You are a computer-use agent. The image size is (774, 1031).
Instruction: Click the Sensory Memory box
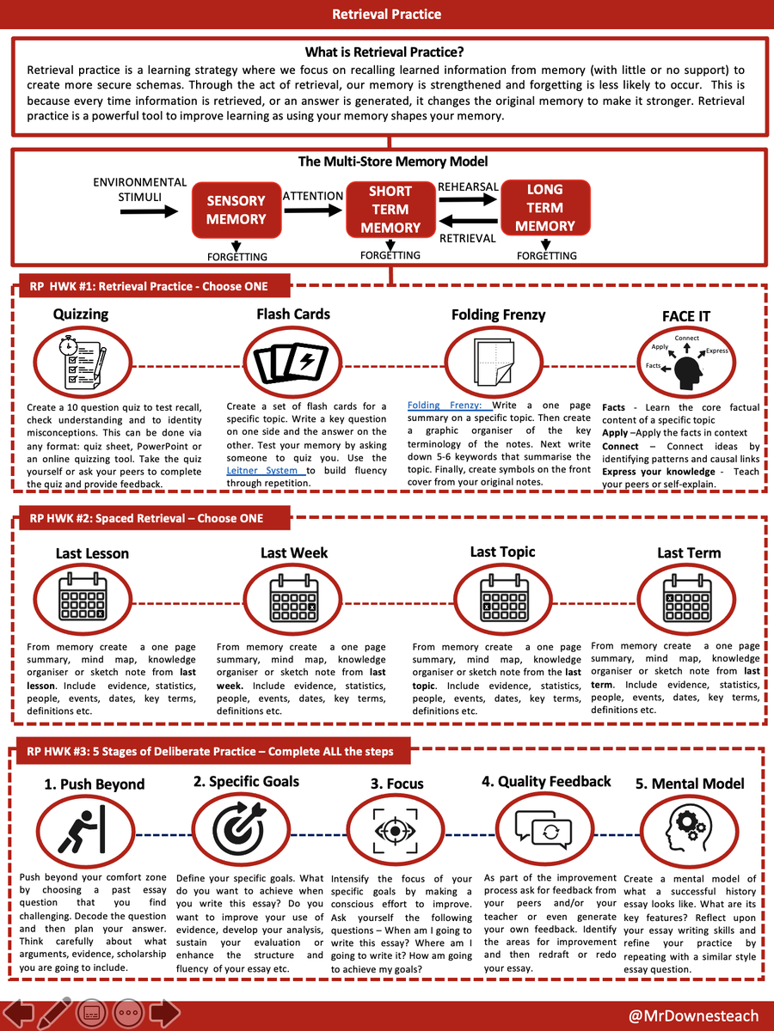[x=236, y=210]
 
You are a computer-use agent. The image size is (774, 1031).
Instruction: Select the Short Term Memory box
[x=390, y=209]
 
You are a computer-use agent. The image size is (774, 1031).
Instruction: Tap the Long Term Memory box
[x=544, y=207]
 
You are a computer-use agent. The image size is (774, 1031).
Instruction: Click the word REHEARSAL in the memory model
[x=468, y=186]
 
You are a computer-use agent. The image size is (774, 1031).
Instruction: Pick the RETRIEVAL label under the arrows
[x=467, y=238]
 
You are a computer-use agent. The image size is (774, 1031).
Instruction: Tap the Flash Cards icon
[x=293, y=362]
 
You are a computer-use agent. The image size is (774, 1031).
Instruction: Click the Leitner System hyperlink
[x=265, y=470]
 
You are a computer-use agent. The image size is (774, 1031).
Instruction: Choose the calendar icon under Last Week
[x=293, y=599]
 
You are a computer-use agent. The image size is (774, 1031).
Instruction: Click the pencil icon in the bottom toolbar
[x=54, y=1014]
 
